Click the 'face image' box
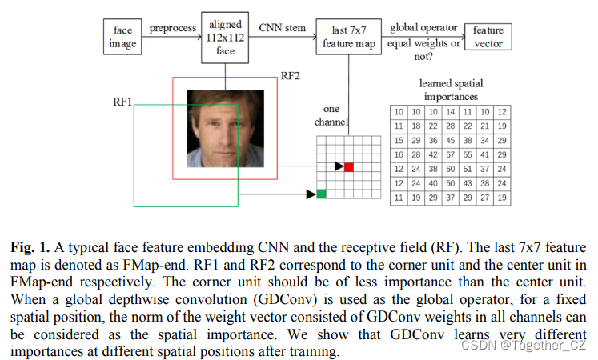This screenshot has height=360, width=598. pos(122,37)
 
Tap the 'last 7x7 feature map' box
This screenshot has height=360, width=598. pos(347,38)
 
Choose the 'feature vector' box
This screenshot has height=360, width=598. pos(488,36)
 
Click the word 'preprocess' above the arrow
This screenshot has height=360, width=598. pos(171,28)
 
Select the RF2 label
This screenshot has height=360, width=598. pos(290,77)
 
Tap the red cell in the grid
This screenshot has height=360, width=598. pos(349,166)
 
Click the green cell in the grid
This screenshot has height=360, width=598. pos(321,194)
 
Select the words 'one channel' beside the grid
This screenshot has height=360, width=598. pos(335,115)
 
